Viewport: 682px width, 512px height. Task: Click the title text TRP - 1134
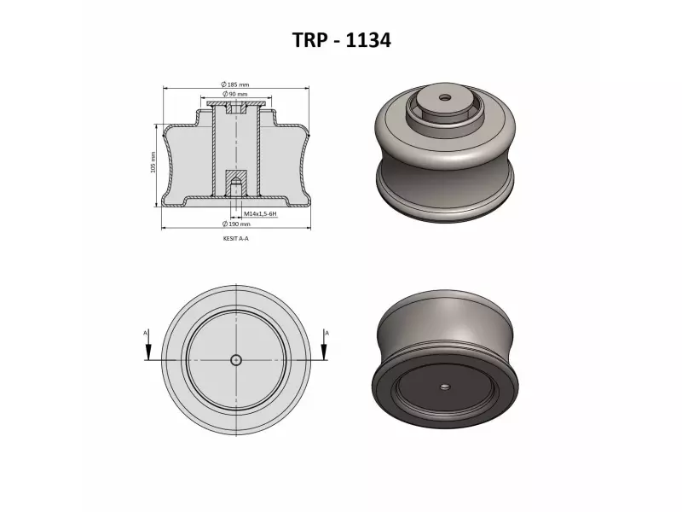[x=341, y=39]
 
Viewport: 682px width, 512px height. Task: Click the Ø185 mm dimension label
[x=234, y=84]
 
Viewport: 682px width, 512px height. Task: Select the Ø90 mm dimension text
[x=234, y=94]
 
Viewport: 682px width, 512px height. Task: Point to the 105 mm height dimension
[x=153, y=164]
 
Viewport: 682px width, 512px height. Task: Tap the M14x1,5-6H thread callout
[x=258, y=213]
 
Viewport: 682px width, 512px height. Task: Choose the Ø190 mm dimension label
[x=234, y=224]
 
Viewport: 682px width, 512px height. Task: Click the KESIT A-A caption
[x=234, y=240]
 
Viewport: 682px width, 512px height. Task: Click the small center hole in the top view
[x=236, y=360]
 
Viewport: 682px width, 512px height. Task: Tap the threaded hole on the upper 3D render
[x=444, y=98]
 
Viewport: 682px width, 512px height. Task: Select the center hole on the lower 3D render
[x=445, y=387]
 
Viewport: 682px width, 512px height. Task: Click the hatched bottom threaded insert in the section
[x=236, y=180]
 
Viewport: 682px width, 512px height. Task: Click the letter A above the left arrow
[x=146, y=331]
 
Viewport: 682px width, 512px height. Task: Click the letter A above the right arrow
[x=327, y=331]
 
